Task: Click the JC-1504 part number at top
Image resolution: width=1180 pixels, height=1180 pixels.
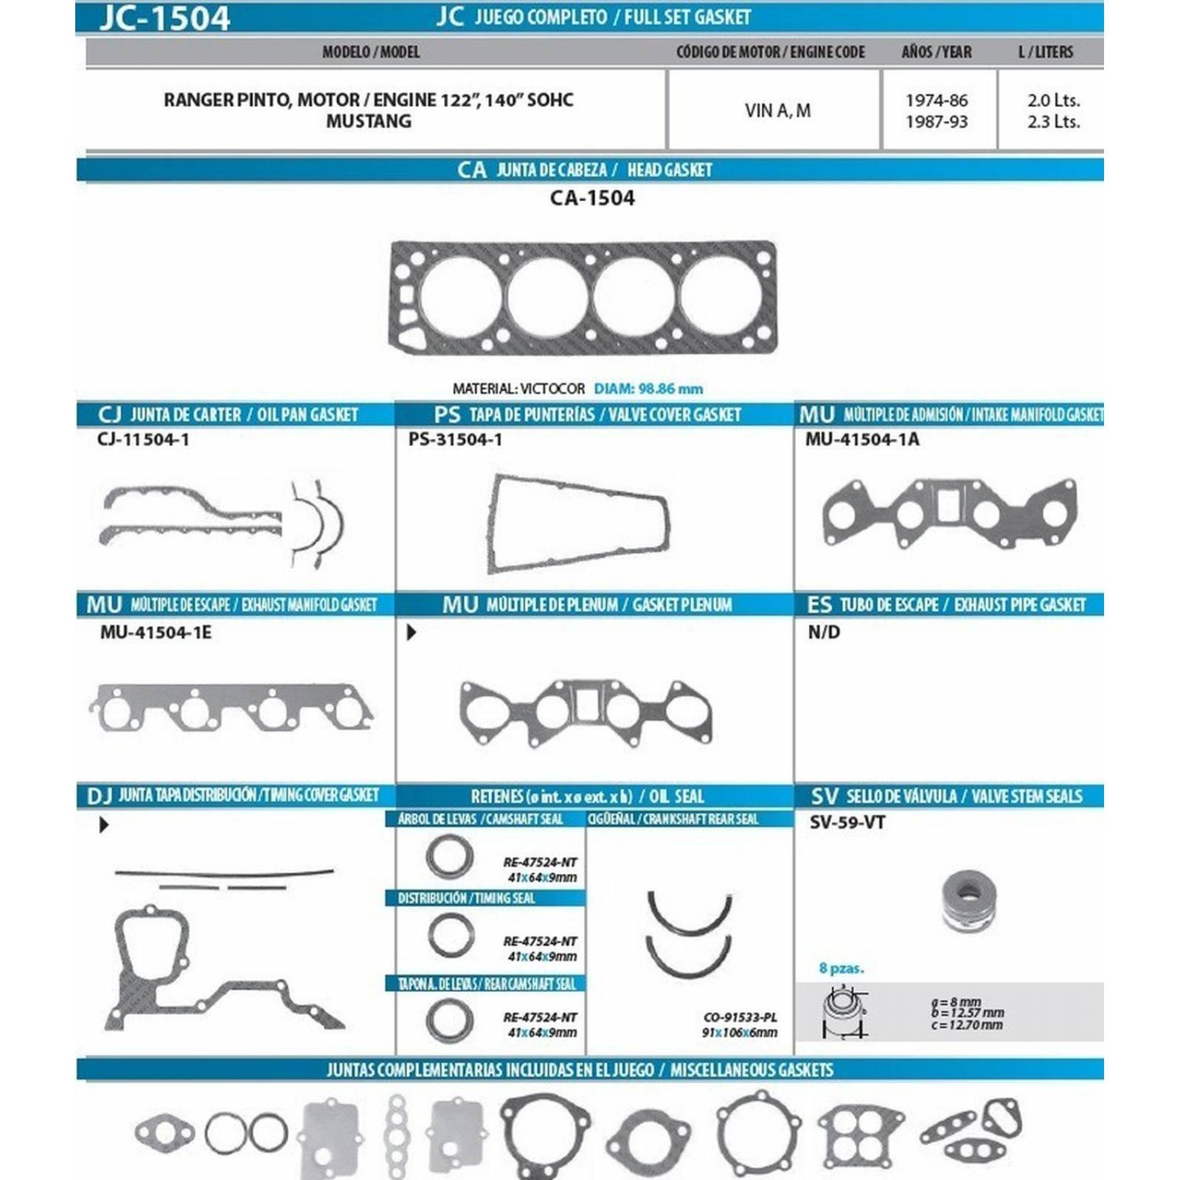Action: click(165, 18)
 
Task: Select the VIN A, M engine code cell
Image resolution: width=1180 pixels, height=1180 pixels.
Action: click(777, 111)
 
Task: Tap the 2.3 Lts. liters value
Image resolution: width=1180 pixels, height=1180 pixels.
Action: click(1053, 122)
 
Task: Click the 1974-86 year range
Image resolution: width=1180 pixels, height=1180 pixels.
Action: click(937, 100)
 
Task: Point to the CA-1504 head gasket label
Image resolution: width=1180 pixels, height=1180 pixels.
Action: click(592, 198)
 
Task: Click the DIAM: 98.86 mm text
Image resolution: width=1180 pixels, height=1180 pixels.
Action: click(648, 389)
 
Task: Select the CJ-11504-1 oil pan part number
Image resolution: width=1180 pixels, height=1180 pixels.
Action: click(143, 440)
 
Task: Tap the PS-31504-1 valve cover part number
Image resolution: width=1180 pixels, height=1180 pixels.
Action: click(455, 440)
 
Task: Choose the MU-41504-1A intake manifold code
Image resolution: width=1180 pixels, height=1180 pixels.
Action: click(862, 440)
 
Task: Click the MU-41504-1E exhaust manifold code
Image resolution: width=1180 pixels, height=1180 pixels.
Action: click(156, 632)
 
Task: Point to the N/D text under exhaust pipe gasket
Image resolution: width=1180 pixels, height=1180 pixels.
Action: click(824, 632)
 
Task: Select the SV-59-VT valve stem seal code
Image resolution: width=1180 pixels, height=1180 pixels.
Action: click(847, 822)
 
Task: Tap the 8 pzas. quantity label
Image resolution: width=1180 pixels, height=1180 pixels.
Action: click(841, 968)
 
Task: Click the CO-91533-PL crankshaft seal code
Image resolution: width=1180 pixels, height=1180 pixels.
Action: click(740, 1017)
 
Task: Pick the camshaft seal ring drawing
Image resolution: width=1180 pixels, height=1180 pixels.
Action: click(449, 856)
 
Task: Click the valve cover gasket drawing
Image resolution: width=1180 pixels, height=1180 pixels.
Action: click(579, 523)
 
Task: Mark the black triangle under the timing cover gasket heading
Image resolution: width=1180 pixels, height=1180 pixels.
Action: click(104, 825)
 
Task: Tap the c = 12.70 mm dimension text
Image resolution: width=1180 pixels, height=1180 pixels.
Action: click(967, 1025)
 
